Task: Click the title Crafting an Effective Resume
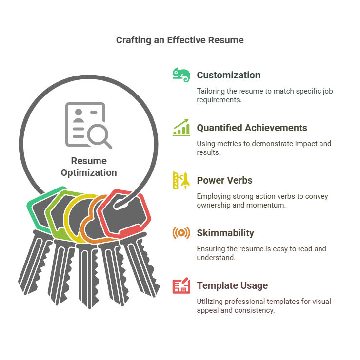click(180, 40)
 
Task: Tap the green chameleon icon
click(181, 75)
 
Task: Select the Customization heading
click(228, 75)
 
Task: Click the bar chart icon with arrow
click(181, 128)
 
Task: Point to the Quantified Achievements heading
click(252, 128)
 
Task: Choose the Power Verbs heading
click(224, 180)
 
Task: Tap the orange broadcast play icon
click(181, 233)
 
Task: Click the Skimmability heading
click(225, 233)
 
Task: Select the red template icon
click(181, 285)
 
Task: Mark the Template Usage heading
click(232, 285)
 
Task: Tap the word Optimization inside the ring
click(89, 172)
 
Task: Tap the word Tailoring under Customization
click(211, 91)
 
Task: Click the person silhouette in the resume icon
click(79, 115)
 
